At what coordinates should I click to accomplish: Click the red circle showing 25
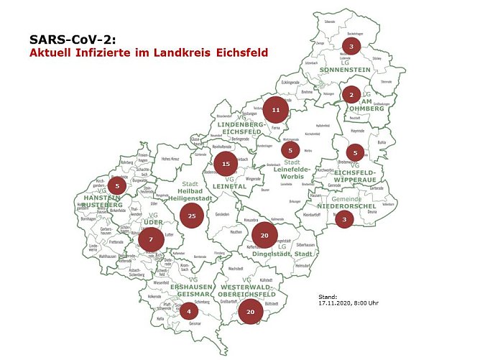[191, 215]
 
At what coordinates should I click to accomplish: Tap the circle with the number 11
[275, 110]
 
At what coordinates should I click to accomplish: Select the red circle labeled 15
[226, 164]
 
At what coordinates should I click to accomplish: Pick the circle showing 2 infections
[351, 94]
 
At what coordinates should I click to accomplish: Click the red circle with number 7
[151, 239]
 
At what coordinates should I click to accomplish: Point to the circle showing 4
[188, 311]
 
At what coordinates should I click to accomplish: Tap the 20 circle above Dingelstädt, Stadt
[264, 235]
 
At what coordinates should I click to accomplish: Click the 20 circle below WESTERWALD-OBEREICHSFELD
[250, 312]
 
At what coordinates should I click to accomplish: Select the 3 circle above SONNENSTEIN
[351, 46]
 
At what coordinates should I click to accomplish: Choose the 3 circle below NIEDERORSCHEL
[344, 219]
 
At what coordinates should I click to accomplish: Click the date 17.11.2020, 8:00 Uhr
[349, 303]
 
